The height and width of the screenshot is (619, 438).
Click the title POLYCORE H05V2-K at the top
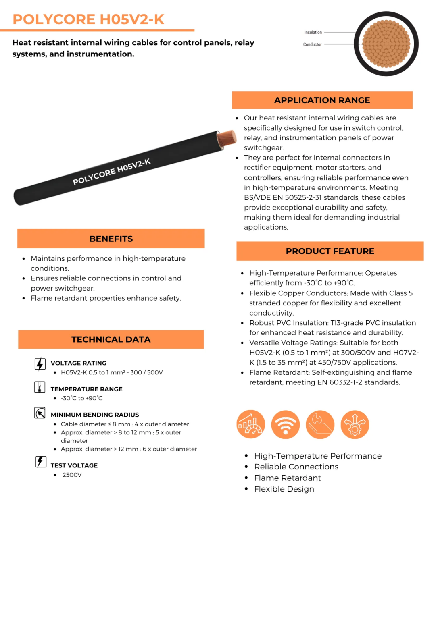pos(88,19)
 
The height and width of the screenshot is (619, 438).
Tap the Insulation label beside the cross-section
pos(313,32)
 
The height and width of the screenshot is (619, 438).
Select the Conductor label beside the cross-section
pos(312,44)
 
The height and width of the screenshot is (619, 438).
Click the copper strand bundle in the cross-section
pos(386,44)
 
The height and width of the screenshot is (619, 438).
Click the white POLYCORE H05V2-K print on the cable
pos(111,172)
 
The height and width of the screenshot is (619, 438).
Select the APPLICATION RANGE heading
pos(322,100)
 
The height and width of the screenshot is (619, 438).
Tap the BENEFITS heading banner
pos(111,239)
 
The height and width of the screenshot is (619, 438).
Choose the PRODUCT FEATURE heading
pos(330,251)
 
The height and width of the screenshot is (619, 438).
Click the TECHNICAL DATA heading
pos(111,339)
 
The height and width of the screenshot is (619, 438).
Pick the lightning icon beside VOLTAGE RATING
pos(40,364)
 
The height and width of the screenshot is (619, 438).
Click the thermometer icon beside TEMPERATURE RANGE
pos(40,387)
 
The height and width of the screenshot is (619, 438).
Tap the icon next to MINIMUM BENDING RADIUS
pos(40,413)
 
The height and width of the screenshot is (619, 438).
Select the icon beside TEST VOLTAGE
pos(41,462)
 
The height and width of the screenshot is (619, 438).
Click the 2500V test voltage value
pos(72,475)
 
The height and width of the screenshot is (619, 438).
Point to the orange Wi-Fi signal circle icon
pos(286,425)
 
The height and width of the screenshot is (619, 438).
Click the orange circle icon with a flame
pos(320,425)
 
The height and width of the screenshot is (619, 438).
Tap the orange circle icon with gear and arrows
pos(355,425)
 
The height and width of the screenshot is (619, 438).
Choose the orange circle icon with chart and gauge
pos(251,425)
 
